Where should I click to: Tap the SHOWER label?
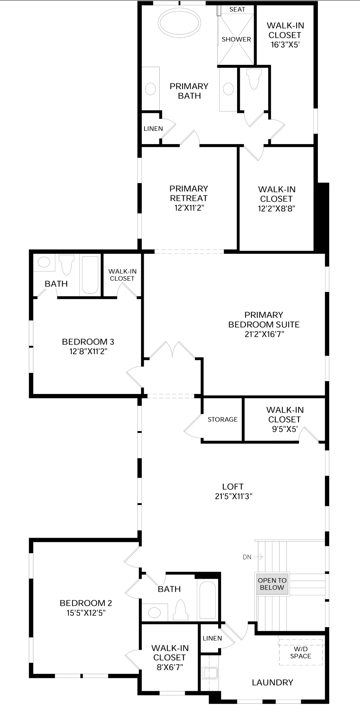[236, 39]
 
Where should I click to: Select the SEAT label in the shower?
[237, 9]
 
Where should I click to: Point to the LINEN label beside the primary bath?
[153, 129]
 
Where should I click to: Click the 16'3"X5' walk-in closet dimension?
[285, 45]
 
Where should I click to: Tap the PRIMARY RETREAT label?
[189, 193]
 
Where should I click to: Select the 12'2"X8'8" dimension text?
[277, 208]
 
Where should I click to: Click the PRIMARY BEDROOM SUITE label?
[264, 320]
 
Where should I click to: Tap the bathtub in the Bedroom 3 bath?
[90, 275]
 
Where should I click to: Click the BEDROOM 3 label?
[88, 342]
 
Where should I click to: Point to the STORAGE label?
[223, 419]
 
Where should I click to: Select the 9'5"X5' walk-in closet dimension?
[285, 429]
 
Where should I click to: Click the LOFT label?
[233, 486]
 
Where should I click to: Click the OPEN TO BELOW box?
[272, 584]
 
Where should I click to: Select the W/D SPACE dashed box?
[300, 652]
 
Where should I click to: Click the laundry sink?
[210, 673]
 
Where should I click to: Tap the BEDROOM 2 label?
[86, 603]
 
